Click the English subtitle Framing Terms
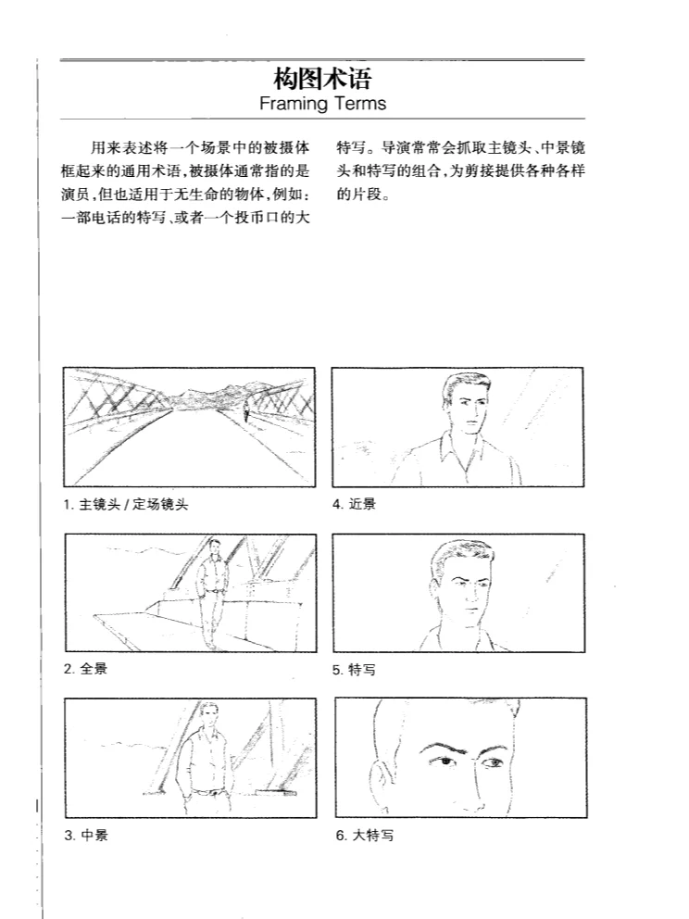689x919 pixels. coord(322,103)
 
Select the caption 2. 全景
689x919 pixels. coord(85,668)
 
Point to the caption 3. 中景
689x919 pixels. coord(85,835)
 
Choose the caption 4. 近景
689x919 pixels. coord(354,504)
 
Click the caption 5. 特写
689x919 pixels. coord(354,669)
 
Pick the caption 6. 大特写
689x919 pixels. coord(363,835)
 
